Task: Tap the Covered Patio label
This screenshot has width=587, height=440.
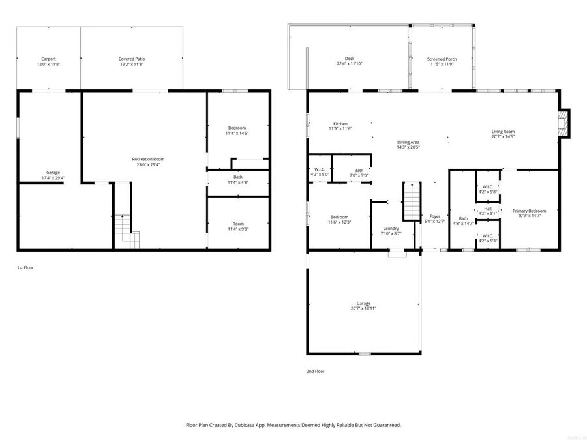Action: point(131,59)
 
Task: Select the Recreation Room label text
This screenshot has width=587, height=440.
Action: point(148,159)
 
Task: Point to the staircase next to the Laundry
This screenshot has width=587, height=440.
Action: point(412,202)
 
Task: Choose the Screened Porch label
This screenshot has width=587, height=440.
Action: point(442,59)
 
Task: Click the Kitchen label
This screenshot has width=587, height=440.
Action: point(340,123)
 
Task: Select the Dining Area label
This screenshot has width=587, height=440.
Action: point(408,142)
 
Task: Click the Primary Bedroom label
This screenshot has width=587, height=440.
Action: point(529,211)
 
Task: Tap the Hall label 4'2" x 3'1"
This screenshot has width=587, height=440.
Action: point(488,209)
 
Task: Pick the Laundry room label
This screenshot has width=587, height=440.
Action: point(391,228)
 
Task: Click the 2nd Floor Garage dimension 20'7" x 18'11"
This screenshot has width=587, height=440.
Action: point(363,309)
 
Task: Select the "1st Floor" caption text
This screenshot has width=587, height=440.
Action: point(25,267)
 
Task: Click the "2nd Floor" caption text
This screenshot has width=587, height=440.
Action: point(315,371)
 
